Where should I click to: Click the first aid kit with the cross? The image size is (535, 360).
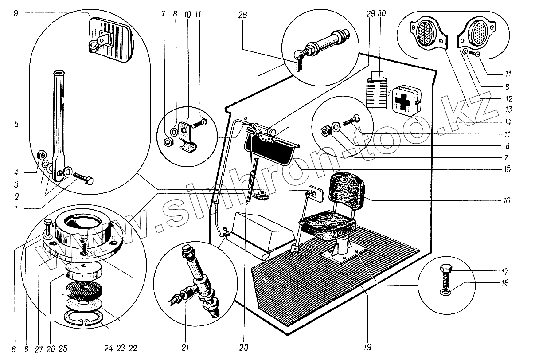pyautogui.click(x=406, y=100)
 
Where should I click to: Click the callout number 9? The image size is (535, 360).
pyautogui.click(x=16, y=13)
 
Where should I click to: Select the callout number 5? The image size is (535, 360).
pyautogui.click(x=16, y=125)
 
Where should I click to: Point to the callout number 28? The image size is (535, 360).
pyautogui.click(x=242, y=15)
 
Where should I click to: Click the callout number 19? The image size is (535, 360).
pyautogui.click(x=367, y=347)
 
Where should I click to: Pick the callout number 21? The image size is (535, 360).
pyautogui.click(x=185, y=348)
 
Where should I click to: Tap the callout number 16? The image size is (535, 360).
pyautogui.click(x=507, y=200)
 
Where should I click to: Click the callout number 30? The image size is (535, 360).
pyautogui.click(x=382, y=13)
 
